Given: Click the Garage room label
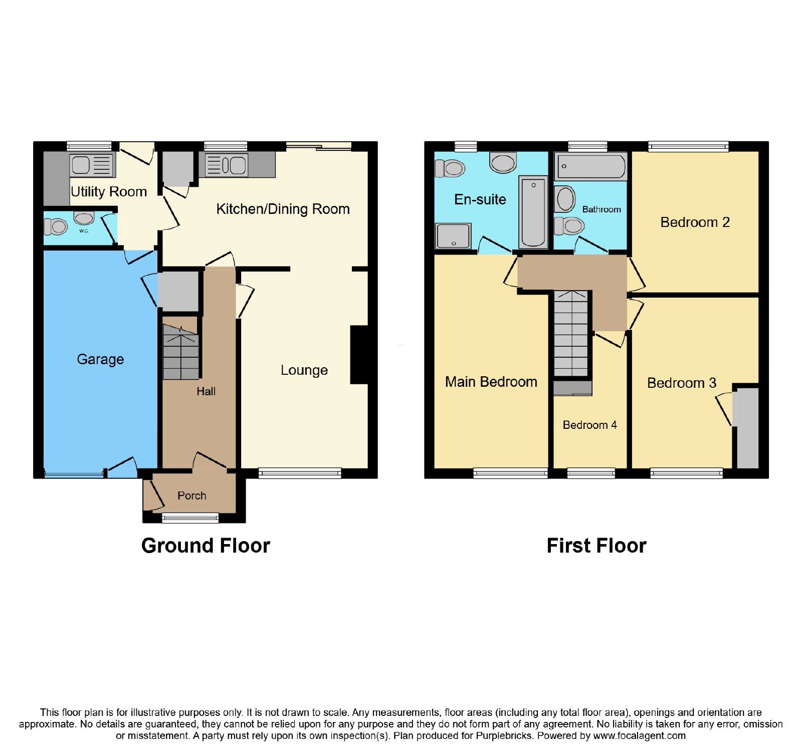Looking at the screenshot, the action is [100, 359].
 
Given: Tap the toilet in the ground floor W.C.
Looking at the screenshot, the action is [56, 226].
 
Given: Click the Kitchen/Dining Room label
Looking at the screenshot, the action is [283, 209].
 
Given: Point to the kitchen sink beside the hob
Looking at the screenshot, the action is [227, 165].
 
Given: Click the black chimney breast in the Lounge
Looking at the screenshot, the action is [359, 355].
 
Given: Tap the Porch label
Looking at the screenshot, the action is [192, 495].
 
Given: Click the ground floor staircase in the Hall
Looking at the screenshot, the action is [181, 352].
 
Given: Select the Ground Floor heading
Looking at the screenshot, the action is [206, 546].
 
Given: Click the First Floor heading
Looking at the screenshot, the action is [596, 546].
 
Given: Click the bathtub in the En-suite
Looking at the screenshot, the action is [533, 212].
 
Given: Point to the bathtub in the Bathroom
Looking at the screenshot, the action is [591, 166].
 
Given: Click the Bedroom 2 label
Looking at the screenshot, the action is [695, 222].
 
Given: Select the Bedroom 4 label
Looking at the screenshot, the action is [589, 425].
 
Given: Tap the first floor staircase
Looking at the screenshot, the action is [571, 333].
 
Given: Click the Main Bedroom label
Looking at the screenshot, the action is [491, 382].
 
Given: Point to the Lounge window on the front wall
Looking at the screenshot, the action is [300, 473].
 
